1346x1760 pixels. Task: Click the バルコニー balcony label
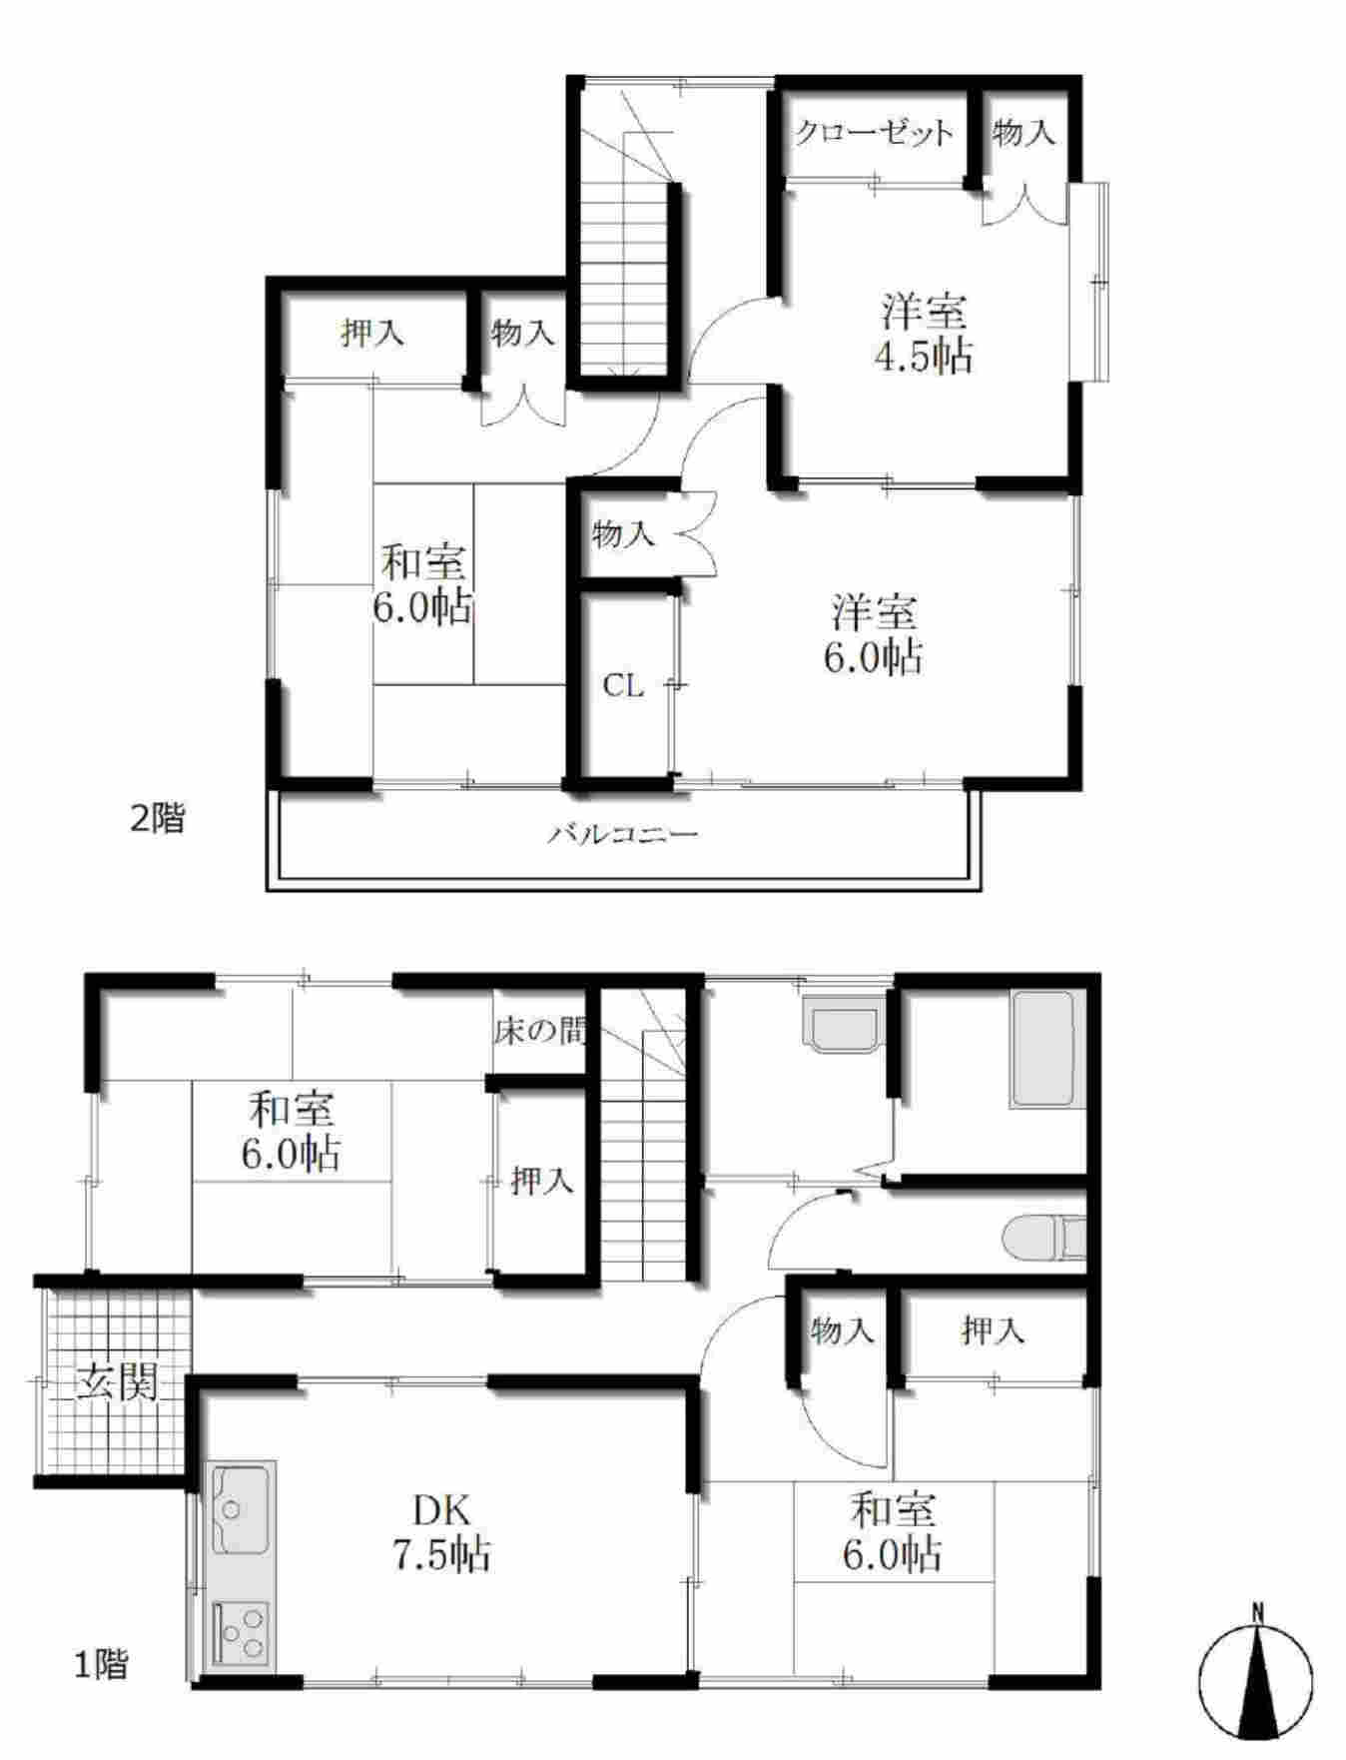point(622,834)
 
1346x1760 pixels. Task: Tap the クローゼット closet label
point(874,133)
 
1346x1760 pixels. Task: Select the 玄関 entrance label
point(118,1382)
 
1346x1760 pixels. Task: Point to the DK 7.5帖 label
point(439,1533)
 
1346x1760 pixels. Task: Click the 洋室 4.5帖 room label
point(924,334)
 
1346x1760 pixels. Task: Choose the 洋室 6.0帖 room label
point(873,634)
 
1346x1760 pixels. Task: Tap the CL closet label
point(623,686)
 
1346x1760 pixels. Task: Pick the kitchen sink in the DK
point(240,1511)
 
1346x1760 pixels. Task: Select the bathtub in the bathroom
point(1042,1049)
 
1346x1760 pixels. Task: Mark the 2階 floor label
point(158,819)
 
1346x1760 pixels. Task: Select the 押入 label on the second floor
point(372,333)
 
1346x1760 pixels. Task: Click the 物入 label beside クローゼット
point(1023,132)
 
